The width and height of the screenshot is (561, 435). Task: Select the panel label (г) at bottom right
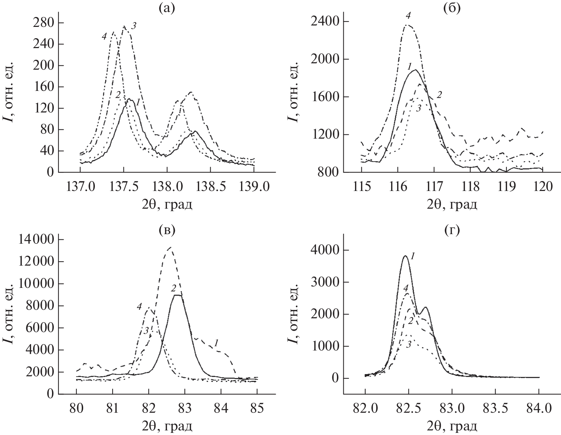tap(452, 230)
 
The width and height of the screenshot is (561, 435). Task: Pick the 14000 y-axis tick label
tap(34, 240)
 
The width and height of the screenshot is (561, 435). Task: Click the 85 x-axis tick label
tap(257, 408)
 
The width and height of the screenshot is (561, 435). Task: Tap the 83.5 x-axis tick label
tap(496, 408)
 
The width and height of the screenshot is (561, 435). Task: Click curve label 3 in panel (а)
tap(134, 25)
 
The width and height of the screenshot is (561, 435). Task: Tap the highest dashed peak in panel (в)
tap(171, 247)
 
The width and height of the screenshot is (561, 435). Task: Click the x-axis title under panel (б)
tap(452, 204)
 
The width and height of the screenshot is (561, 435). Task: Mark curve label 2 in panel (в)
tap(173, 288)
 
